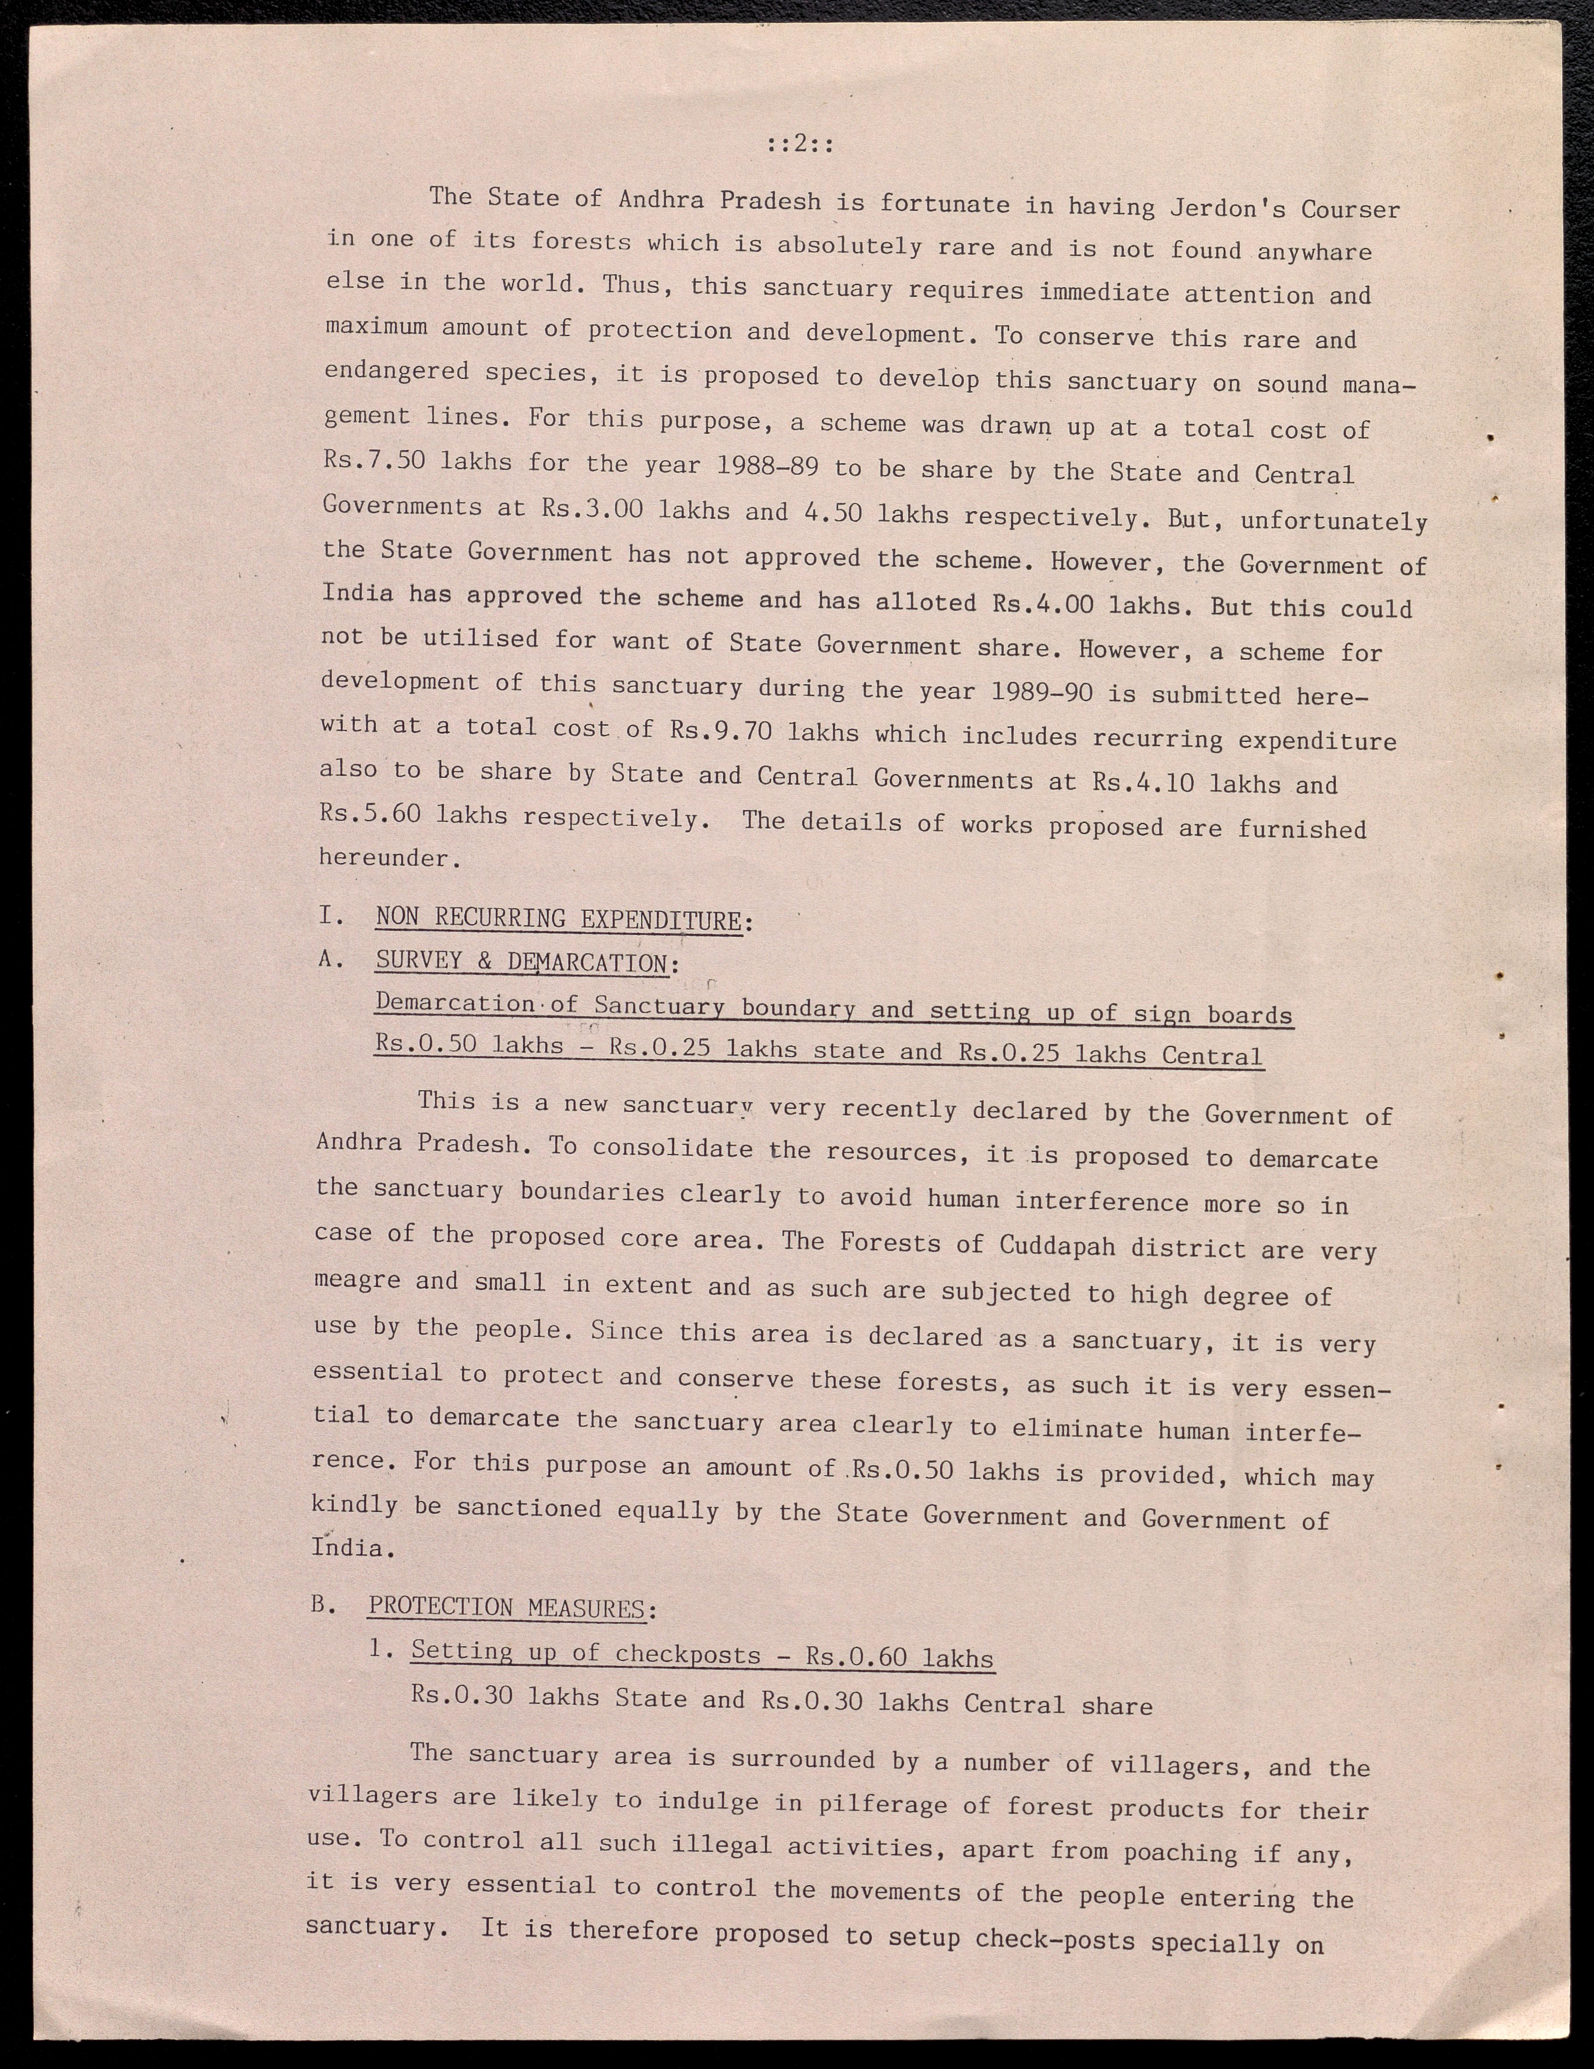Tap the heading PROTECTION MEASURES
point(507,1608)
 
